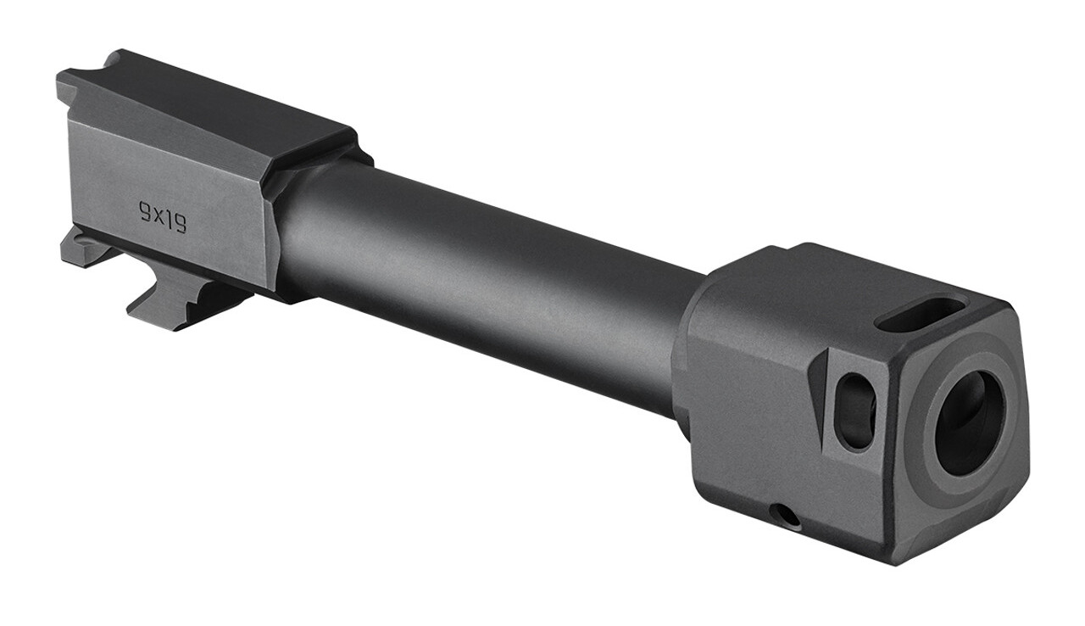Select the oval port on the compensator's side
point(855,411)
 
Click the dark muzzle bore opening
point(969,422)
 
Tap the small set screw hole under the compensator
point(787,514)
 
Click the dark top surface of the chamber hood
point(212,110)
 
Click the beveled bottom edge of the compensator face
point(966,534)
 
